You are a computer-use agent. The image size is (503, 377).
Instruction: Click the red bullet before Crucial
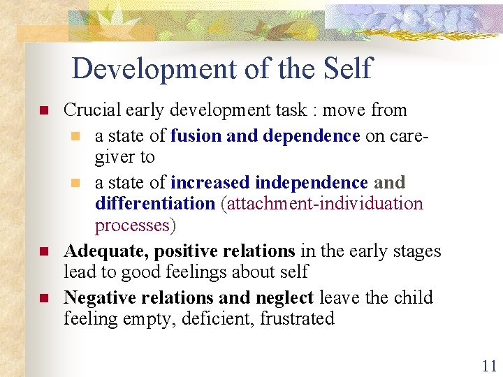43,111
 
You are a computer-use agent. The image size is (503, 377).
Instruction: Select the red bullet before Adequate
43,251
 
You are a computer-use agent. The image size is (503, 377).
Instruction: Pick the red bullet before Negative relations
43,298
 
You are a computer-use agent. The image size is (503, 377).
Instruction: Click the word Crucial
92,110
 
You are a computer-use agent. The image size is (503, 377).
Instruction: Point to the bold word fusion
196,135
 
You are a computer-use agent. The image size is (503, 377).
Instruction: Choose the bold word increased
211,183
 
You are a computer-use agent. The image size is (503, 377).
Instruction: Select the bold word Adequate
105,251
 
